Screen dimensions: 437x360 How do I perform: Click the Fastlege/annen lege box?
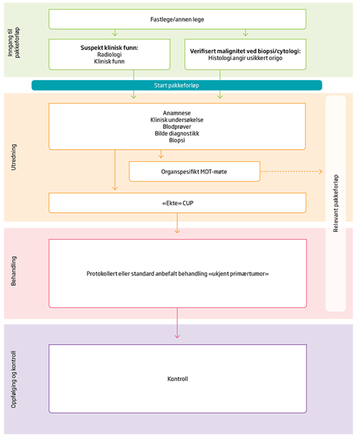[x=177, y=19]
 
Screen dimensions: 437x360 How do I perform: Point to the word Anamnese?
[x=177, y=113]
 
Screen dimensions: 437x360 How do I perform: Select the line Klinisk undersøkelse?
[x=177, y=120]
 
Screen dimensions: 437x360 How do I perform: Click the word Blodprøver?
[x=177, y=127]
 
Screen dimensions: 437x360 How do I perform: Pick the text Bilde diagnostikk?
[x=177, y=133]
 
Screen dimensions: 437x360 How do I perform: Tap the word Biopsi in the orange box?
[x=177, y=140]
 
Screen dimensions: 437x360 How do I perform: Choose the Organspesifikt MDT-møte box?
[x=194, y=172]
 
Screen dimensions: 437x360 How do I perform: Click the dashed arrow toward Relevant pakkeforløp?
[x=291, y=172]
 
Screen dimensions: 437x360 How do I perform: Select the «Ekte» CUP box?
[x=177, y=203]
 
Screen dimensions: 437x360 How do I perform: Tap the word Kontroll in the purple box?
[x=177, y=379]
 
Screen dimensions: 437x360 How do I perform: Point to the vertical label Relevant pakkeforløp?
[x=336, y=204]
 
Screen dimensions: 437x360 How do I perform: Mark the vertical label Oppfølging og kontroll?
[x=14, y=379]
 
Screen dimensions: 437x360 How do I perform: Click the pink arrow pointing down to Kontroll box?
[x=177, y=324]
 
